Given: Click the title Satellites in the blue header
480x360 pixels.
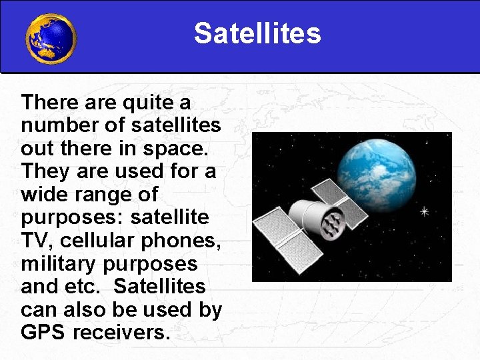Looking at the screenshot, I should point(257,33).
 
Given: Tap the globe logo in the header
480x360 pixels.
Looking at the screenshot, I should point(51,39).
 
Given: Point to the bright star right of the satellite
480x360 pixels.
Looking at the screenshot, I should point(424,212).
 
